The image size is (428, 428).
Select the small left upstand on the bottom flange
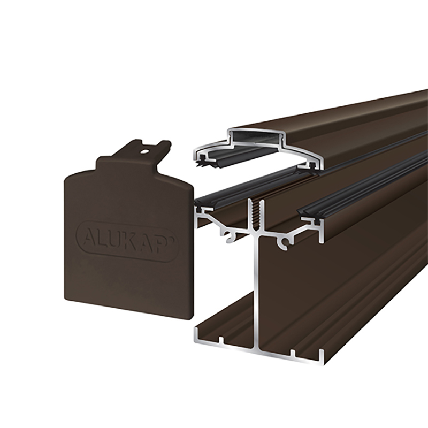click(220, 340)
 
